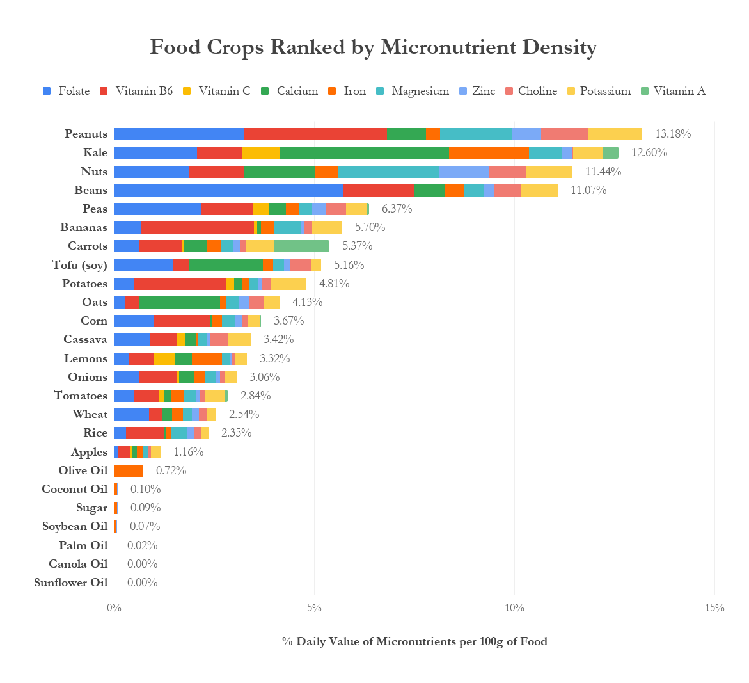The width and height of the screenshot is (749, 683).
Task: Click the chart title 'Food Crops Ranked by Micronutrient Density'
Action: coord(374,47)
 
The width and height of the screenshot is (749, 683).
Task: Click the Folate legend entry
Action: coord(67,91)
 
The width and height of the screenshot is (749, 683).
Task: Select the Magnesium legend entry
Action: coord(413,91)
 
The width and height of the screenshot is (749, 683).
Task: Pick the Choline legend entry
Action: coord(530,91)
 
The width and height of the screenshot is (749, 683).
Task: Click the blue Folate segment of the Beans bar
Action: coord(228,190)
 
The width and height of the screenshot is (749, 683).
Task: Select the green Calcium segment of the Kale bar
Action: coord(364,152)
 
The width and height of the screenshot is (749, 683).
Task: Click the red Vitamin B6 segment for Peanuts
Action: coord(315,134)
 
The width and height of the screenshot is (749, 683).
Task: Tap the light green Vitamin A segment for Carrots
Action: coord(301,246)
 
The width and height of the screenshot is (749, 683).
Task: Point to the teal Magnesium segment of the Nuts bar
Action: coord(388,172)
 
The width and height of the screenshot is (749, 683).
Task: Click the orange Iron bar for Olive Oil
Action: coord(129,470)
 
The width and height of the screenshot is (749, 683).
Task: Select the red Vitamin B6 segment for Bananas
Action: coord(197,227)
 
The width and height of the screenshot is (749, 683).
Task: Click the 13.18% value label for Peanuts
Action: coord(673,134)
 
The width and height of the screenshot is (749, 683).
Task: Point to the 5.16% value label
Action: coord(349,265)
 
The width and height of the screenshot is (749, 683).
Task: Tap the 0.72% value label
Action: coord(171,470)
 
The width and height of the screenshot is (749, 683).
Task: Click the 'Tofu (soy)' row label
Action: coord(79,265)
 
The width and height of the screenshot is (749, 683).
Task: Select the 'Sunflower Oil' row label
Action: coord(70,583)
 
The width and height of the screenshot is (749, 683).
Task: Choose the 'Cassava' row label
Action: coord(85,339)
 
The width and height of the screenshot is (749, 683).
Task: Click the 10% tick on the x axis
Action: coord(514,608)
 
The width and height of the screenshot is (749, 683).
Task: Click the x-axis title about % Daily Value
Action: coord(414,641)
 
